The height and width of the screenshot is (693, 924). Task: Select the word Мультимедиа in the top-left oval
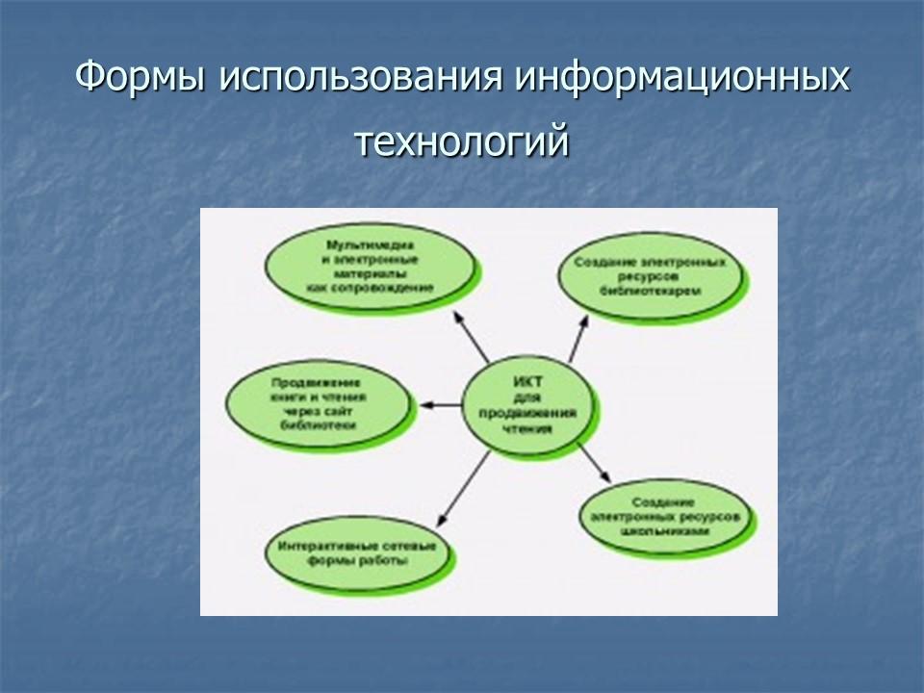(x=371, y=246)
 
